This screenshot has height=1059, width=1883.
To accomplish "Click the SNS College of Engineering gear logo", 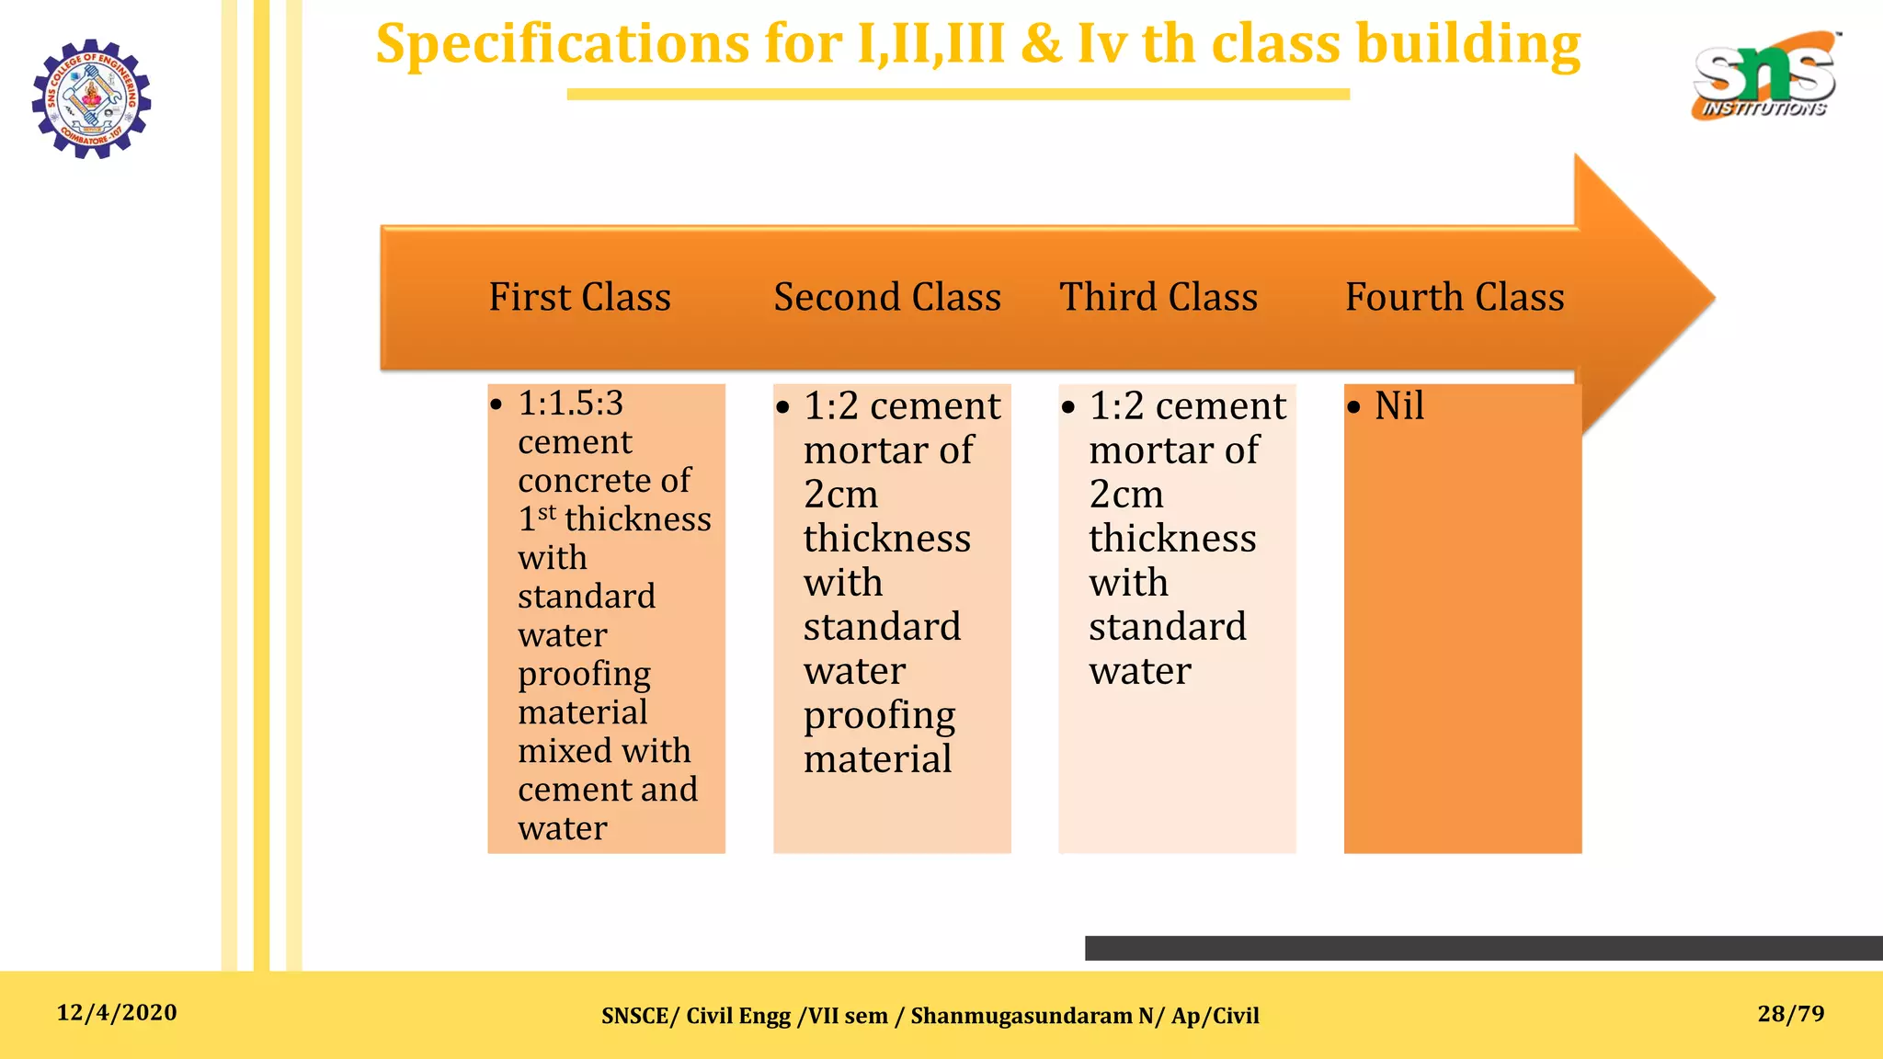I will [91, 98].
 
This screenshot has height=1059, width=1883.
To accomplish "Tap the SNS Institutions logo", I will [1763, 77].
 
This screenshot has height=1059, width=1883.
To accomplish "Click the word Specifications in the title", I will [563, 43].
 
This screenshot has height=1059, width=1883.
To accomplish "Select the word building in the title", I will [1468, 43].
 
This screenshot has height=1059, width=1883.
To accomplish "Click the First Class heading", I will [579, 297].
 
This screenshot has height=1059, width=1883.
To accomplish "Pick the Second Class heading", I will [887, 297].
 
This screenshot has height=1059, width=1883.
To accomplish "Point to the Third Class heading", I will [1158, 297].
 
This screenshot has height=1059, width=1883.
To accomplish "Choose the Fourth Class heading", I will [1455, 297].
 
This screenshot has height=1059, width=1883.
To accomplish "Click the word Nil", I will [1399, 405].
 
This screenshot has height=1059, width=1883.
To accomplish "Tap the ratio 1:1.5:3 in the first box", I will [571, 403].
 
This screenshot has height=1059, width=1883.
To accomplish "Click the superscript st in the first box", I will [547, 512].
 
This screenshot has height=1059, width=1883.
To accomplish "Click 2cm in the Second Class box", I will [840, 495].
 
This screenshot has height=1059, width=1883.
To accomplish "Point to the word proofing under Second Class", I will [879, 715].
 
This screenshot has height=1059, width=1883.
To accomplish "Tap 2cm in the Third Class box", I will [1126, 495].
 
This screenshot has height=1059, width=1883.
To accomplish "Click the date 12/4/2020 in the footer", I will [117, 1013].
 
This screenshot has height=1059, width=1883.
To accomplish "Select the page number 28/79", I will [1790, 1014].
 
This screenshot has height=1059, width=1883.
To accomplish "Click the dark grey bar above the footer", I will [1483, 948].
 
